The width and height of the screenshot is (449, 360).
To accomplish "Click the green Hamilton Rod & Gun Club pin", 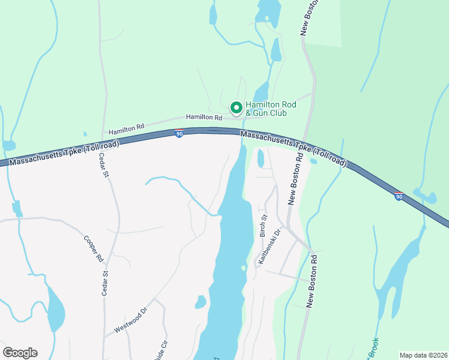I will tap(237, 108).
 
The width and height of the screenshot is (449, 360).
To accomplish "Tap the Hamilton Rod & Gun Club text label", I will tap(271, 109).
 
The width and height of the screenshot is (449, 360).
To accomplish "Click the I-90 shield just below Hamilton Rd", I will tap(179, 133).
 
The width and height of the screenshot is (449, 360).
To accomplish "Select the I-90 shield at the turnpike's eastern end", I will tap(399, 196).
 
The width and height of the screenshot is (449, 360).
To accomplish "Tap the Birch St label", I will tap(262, 226).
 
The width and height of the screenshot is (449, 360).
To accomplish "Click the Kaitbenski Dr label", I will tap(270, 247).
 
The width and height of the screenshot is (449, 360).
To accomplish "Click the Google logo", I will tap(20, 352).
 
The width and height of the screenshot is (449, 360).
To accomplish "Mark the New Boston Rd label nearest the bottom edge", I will tap(311, 280).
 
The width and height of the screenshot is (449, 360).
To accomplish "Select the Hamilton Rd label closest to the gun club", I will tap(200, 117).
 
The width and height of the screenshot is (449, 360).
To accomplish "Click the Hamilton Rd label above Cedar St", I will tap(127, 128).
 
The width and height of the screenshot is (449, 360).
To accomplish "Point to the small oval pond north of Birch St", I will tap(261, 158).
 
